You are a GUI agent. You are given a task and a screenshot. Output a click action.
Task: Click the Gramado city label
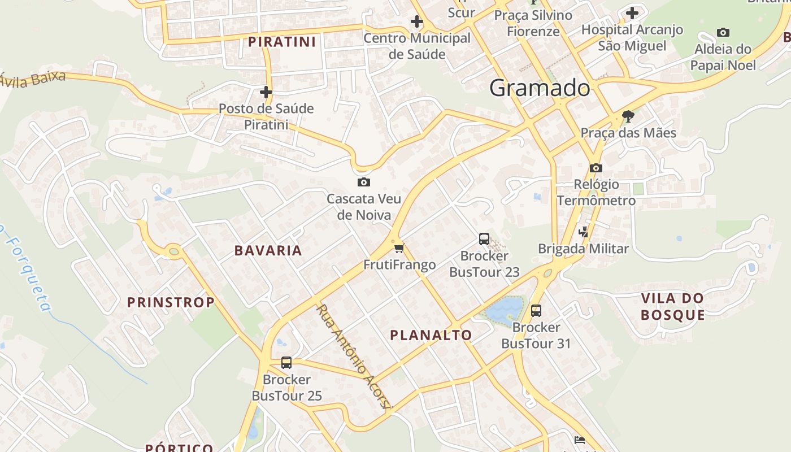540,88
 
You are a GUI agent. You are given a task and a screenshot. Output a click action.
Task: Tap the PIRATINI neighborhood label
282,42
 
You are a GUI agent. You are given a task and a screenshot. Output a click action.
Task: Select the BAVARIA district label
268,250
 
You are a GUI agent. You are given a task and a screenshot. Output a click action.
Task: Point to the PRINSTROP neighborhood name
171,302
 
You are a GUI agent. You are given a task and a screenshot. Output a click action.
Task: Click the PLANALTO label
431,335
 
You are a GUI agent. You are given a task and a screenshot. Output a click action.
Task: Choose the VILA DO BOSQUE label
673,306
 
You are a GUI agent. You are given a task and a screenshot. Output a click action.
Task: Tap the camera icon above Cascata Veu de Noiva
364,182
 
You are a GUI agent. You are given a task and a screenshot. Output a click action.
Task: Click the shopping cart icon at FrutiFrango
399,248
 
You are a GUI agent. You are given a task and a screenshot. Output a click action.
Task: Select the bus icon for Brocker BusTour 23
484,239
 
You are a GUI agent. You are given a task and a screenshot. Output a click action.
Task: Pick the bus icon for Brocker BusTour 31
536,311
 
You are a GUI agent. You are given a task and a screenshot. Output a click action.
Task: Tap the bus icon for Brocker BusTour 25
286,363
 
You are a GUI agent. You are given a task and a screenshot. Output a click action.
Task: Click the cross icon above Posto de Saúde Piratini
266,92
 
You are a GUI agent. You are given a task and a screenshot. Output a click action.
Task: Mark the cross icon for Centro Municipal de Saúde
417,22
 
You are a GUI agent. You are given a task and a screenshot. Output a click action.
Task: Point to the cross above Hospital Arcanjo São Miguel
632,12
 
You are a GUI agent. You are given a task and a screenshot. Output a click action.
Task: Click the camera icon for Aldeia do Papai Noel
723,32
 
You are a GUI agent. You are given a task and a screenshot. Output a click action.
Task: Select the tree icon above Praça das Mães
628,116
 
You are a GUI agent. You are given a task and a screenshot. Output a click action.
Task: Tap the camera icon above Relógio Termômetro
596,168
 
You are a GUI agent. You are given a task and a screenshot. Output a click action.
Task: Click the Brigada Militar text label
583,249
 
